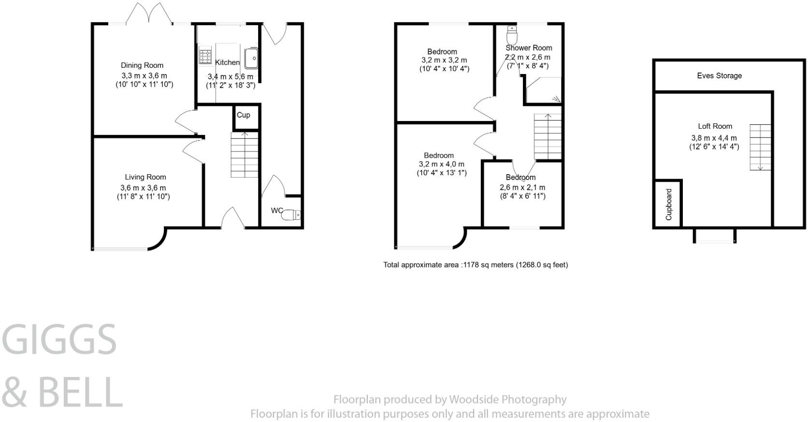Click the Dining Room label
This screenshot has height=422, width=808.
coord(142,65)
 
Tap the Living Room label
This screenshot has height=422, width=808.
coord(145,177)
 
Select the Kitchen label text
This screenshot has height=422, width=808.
coord(227,62)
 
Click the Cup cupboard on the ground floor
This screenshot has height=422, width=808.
coord(244,116)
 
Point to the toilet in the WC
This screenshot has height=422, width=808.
coord(291,215)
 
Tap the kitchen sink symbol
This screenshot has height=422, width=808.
coord(251,59)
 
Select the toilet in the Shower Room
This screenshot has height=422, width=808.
coord(512,35)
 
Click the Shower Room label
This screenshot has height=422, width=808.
coord(529,48)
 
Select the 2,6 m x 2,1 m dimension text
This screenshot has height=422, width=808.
coord(522,187)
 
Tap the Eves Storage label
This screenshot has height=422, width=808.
coord(719,75)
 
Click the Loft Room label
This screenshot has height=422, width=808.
coord(715,126)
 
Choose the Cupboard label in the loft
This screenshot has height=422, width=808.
coord(669,205)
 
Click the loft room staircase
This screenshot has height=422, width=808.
coord(760,147)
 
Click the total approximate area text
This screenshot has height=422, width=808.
coord(476,265)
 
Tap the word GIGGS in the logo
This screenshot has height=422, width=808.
coord(60,339)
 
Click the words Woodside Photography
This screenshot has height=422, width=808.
coord(507,399)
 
